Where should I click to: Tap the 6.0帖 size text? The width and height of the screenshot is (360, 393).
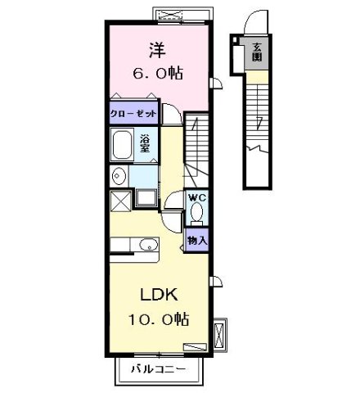(158, 74)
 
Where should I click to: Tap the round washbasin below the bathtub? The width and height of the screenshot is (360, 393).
(119, 174)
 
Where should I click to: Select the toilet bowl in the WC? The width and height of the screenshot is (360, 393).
(196, 214)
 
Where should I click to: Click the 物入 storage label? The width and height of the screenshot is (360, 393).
(197, 239)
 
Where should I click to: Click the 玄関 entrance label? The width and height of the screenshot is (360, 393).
(257, 50)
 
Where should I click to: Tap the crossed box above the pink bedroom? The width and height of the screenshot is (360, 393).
(173, 14)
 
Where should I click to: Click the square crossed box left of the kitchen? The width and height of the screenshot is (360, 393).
(119, 199)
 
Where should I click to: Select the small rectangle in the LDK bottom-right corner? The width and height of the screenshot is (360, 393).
(194, 346)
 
